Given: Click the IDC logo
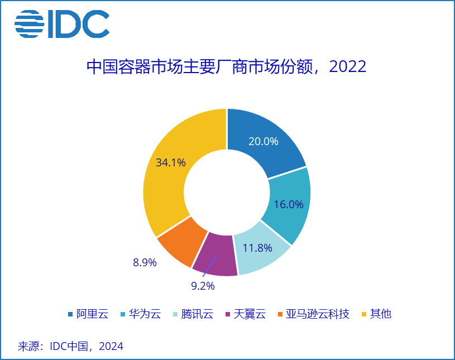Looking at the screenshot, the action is point(62,24).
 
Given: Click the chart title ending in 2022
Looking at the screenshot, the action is point(226,67).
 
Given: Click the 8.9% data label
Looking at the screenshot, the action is point(145,262).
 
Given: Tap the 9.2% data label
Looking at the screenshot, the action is point(203,286).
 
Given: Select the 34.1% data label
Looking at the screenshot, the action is point(171,162).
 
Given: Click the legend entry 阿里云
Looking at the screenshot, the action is point(88,314).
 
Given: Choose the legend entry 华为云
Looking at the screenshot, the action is point(141,314).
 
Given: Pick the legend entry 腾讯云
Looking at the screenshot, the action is point(193,314).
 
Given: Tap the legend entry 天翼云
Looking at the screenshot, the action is point(246,314).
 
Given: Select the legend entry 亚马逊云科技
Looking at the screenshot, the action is point(314,314).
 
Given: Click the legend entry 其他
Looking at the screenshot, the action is point(377,314).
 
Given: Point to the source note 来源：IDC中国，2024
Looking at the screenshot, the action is point(70,346).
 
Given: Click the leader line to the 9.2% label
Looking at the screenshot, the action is point(210,266).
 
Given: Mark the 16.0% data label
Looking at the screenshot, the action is point(289,204).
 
